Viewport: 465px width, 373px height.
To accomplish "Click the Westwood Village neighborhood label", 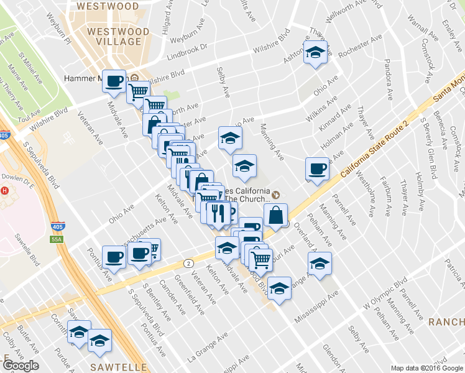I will pos(118,36).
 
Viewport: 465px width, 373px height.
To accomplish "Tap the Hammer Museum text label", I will pos(87,79).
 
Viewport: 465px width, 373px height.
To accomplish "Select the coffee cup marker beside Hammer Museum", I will pos(114,81).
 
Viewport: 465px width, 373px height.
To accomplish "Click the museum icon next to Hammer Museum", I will pos(135,78).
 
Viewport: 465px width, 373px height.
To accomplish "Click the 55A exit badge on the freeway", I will pos(57,239).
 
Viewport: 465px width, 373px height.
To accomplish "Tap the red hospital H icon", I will pos(5,191).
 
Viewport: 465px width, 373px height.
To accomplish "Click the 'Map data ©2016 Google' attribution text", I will pos(426,368).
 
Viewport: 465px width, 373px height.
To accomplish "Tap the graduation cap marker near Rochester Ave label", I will pos(315,53).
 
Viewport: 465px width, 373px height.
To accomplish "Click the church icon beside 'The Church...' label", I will pos(276,195).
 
